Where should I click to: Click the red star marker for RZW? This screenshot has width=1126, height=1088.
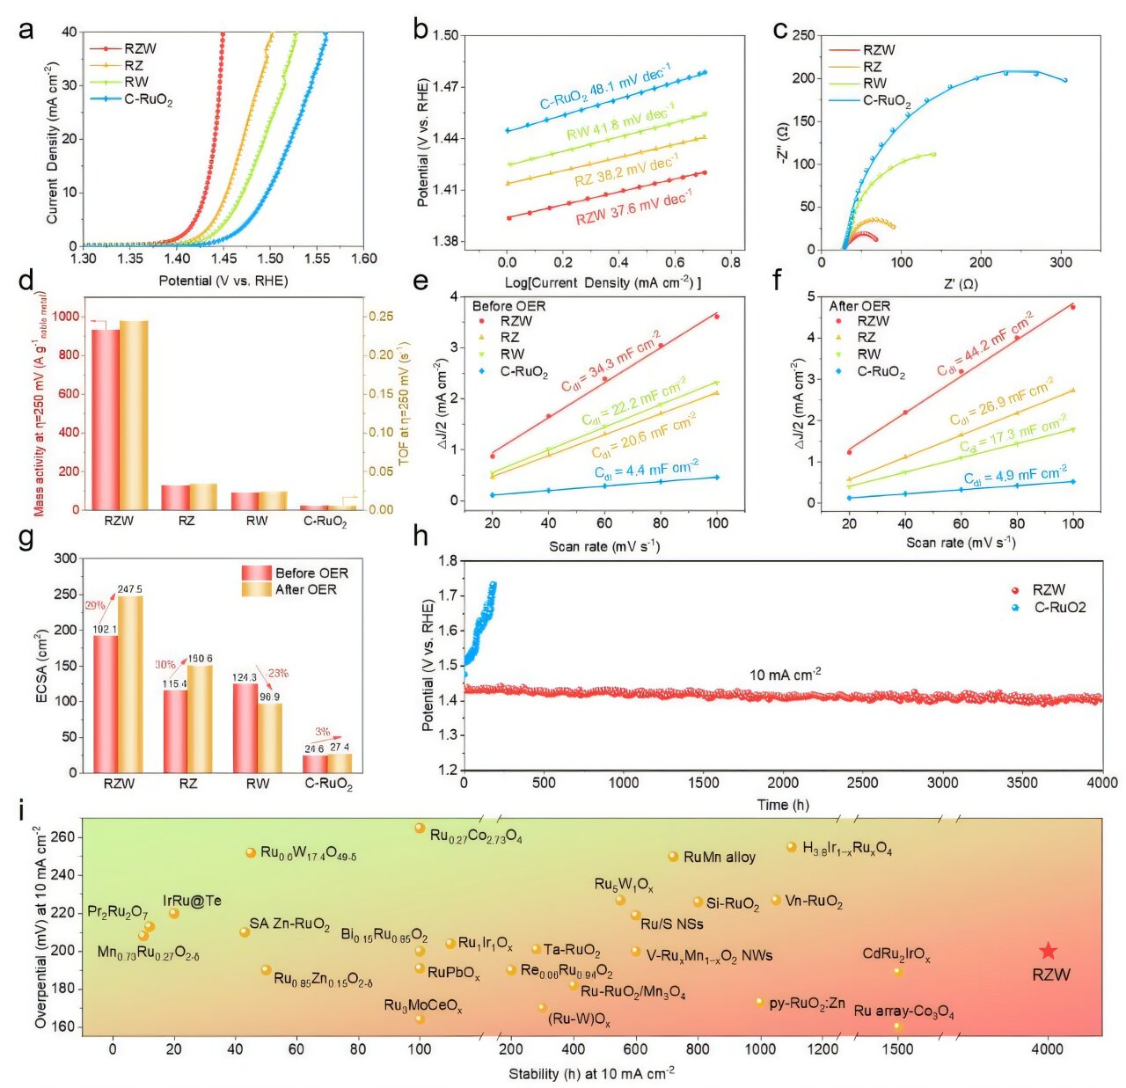(1047, 951)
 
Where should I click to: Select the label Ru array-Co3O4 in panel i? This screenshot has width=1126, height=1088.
(903, 1011)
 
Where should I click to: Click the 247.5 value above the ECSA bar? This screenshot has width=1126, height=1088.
(129, 589)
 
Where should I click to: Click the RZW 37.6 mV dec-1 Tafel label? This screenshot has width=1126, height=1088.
(633, 209)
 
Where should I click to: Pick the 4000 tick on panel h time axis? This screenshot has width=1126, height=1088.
(1101, 783)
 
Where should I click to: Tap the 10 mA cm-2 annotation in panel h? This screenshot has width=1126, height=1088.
(785, 675)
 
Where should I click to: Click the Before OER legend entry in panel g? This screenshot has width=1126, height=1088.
(311, 573)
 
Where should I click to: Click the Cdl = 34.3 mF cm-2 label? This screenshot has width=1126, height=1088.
(611, 361)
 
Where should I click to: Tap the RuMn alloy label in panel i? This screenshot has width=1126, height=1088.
(719, 857)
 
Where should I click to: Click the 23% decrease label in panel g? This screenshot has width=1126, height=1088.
(278, 674)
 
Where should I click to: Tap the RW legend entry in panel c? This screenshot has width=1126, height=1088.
(874, 84)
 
